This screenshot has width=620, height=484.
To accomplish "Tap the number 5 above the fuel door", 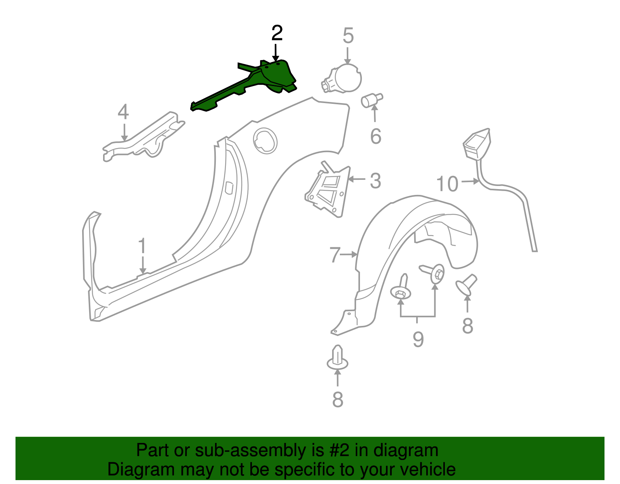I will pyautogui.click(x=348, y=36).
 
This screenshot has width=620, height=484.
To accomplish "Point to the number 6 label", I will pyautogui.click(x=375, y=136).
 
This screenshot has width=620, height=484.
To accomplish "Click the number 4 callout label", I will pyautogui.click(x=123, y=112).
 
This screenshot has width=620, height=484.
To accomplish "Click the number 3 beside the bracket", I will pyautogui.click(x=375, y=181).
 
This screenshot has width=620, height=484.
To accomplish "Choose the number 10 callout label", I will pyautogui.click(x=447, y=184).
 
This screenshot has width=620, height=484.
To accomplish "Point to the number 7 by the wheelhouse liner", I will pyautogui.click(x=335, y=255).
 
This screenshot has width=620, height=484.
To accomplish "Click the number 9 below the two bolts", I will pyautogui.click(x=418, y=339).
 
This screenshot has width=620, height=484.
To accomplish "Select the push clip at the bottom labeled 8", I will pyautogui.click(x=338, y=358).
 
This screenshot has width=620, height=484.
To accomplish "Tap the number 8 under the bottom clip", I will pyautogui.click(x=338, y=399).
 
